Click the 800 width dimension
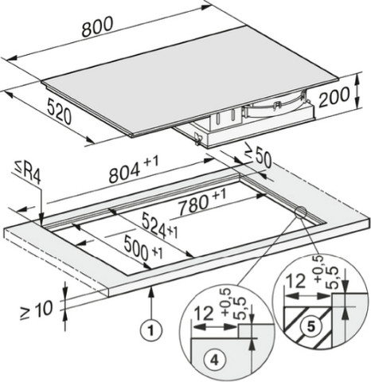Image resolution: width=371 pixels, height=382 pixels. coord(97,26)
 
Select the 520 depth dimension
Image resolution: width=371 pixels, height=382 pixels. coord(59,111)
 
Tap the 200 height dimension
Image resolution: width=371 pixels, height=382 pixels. coord(334,97)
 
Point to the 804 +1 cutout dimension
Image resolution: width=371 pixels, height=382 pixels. coord(134,170)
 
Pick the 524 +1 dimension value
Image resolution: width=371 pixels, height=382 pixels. coord(160,226)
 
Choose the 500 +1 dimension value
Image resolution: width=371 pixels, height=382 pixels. coord(143,248)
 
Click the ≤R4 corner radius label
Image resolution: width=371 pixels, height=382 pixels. coord(27,173)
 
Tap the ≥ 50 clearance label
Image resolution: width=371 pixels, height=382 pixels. coord(258,158)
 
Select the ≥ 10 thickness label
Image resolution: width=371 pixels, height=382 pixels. coord(37,310)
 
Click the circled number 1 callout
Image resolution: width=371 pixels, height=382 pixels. coord(151,330)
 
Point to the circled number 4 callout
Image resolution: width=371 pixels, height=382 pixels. coord(214,361)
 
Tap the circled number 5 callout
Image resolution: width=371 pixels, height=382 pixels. coord(310,326)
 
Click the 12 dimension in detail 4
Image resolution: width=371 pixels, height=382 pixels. coord(204,314)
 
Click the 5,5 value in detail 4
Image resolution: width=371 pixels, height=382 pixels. coord(239,308)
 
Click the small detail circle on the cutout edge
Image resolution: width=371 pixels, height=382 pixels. coord(300,212)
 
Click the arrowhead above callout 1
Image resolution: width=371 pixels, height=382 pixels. coord(151,291)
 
